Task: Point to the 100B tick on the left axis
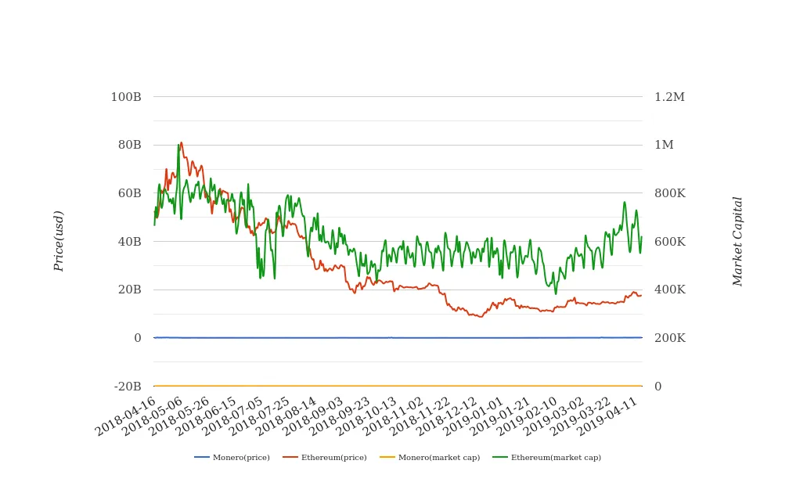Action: pyautogui.click(x=126, y=97)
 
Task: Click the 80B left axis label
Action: pyautogui.click(x=129, y=145)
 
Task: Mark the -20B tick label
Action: pyautogui.click(x=128, y=387)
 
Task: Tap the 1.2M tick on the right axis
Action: pyautogui.click(x=669, y=97)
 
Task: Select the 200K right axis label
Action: pyautogui.click(x=669, y=338)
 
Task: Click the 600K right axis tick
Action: pyautogui.click(x=669, y=242)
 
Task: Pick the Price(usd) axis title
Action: pyautogui.click(x=59, y=241)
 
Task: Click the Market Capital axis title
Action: pyautogui.click(x=737, y=241)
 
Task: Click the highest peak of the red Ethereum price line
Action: pyautogui.click(x=181, y=142)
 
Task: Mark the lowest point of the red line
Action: pyautogui.click(x=481, y=317)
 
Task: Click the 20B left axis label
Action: pyautogui.click(x=129, y=290)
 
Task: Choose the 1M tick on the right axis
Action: pyautogui.click(x=664, y=145)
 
